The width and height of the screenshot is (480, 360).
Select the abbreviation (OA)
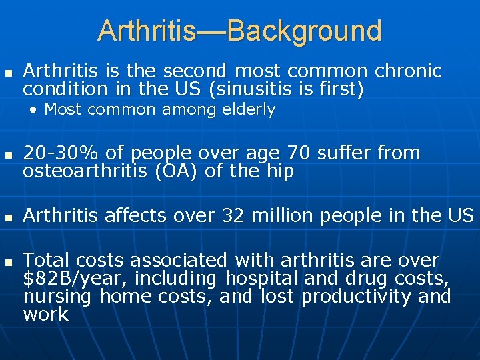click(x=175, y=171)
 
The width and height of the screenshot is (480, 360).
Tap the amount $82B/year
click(x=66, y=278)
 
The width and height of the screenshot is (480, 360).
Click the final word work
click(x=45, y=314)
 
